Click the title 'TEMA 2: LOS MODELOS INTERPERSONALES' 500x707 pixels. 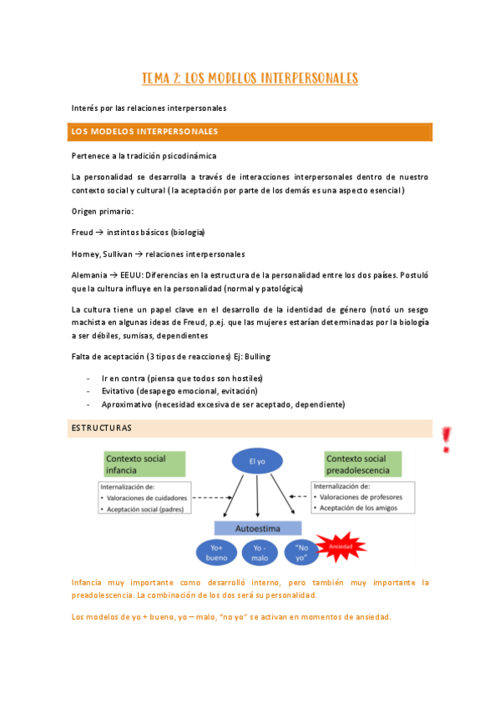click(x=250, y=79)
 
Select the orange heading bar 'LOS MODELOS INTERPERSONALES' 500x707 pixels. click(x=250, y=132)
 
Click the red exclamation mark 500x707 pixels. click(x=447, y=439)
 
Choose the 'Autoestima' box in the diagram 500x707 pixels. click(x=258, y=528)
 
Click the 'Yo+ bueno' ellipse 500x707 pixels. click(x=216, y=551)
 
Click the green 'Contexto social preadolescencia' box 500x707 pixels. click(x=363, y=464)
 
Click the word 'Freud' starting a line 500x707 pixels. click(x=83, y=232)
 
